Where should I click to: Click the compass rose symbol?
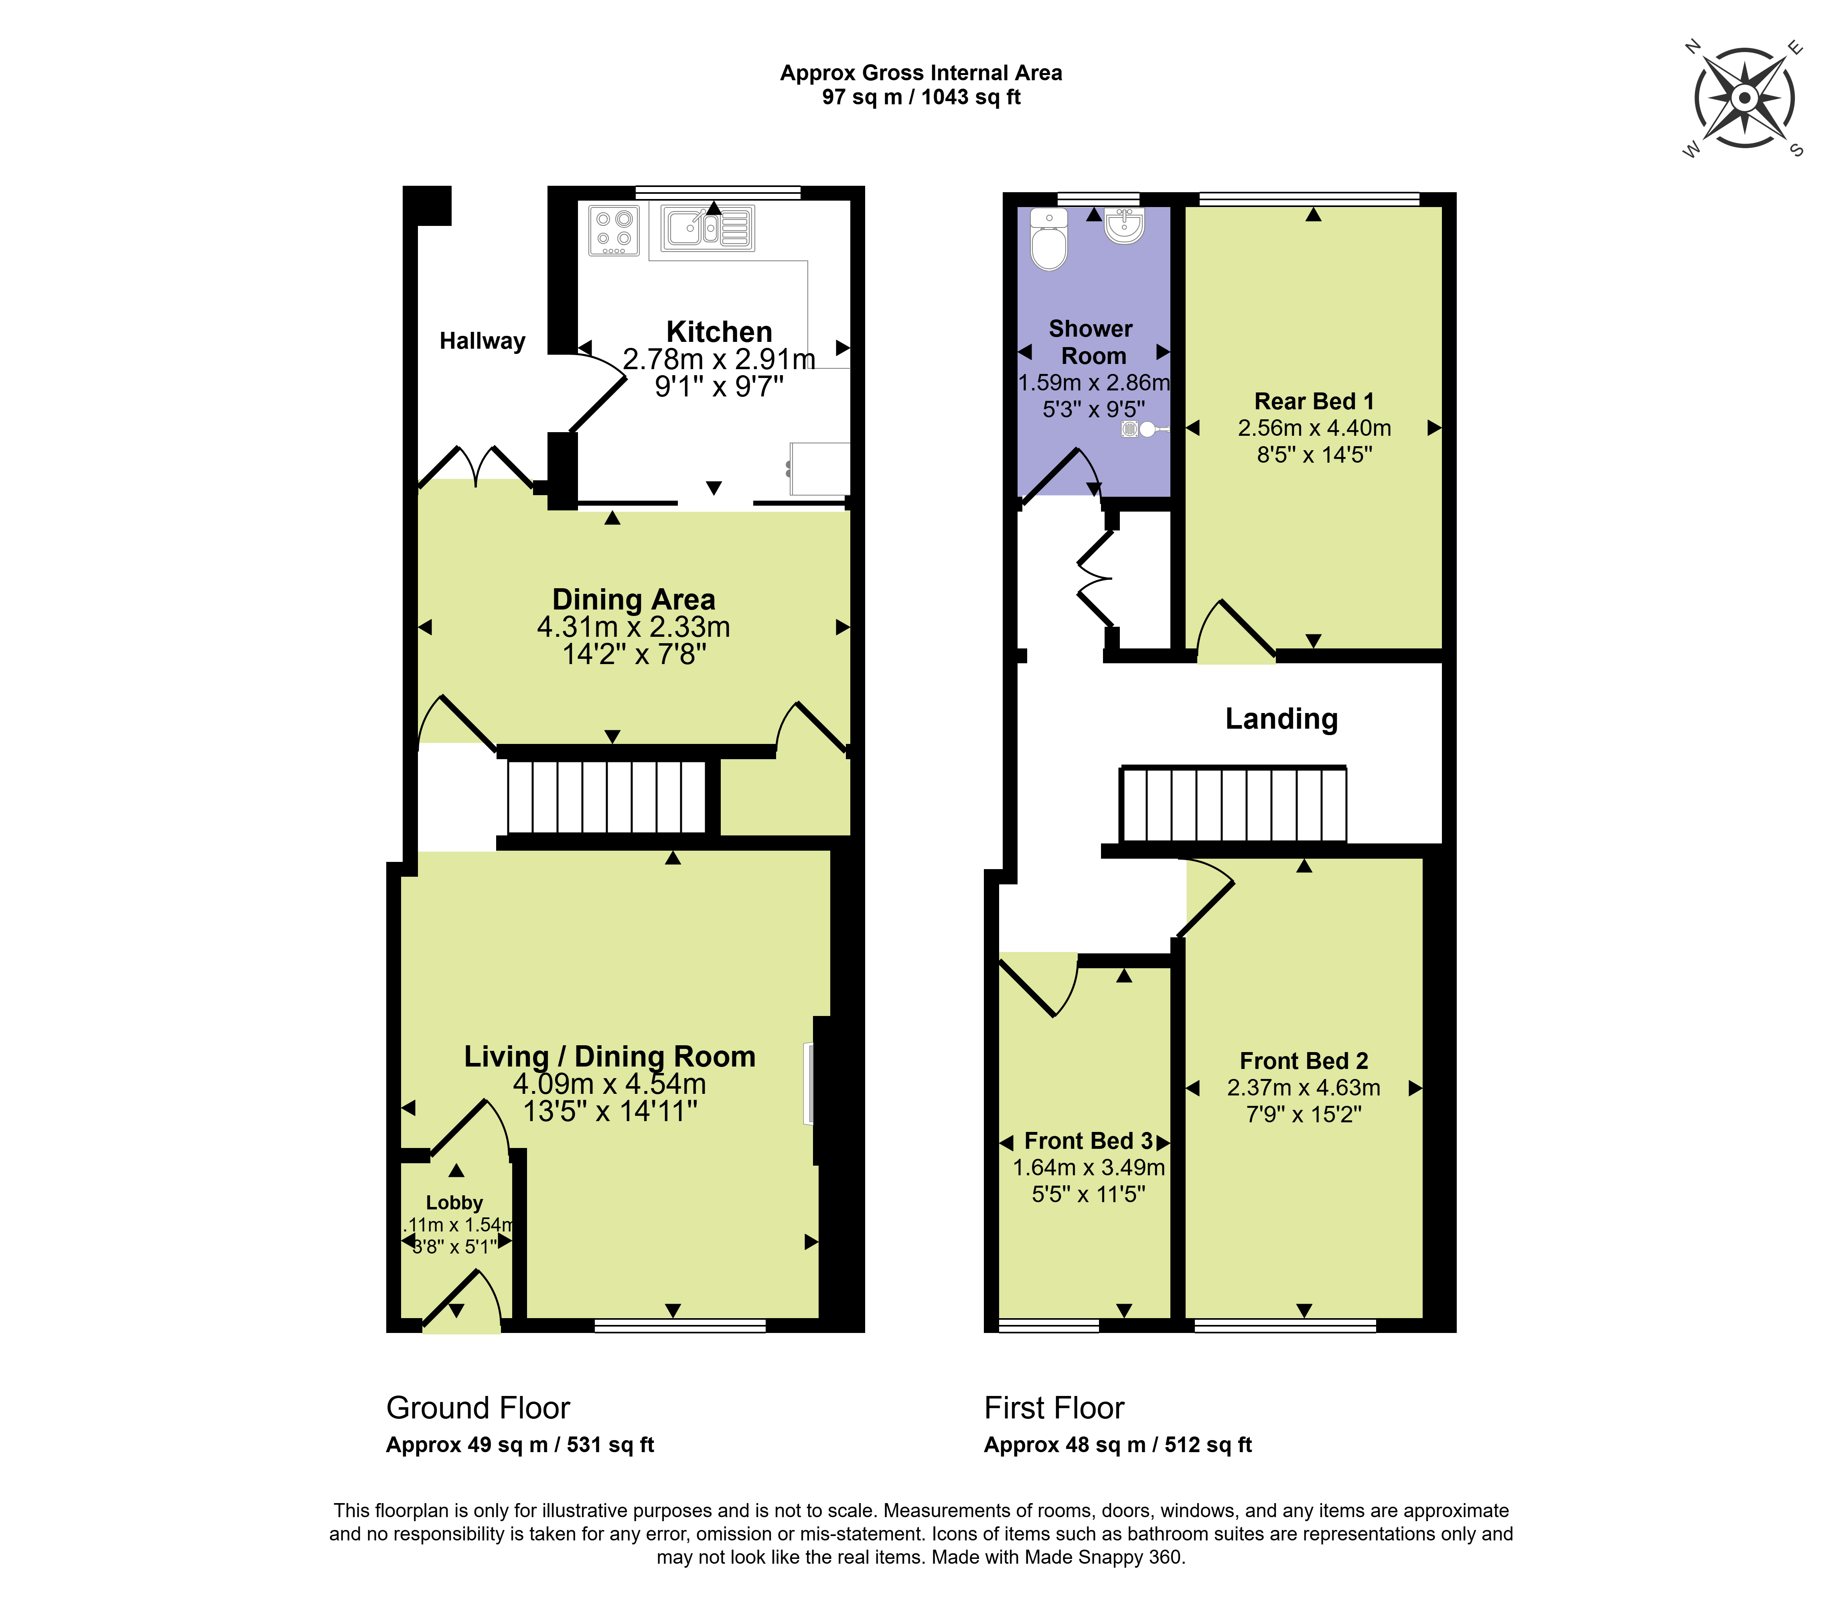click(1744, 98)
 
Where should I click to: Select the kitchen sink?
click(708, 228)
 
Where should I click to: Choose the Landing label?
click(1281, 719)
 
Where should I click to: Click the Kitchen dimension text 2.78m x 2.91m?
click(719, 359)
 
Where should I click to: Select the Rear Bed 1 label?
click(1314, 402)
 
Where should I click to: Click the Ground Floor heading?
click(478, 1408)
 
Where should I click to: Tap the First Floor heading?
click(1054, 1408)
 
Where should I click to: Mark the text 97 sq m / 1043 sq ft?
click(922, 97)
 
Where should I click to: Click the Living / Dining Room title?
click(610, 1057)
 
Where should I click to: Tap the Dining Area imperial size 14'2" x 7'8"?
click(634, 655)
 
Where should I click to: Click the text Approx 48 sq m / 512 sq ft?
click(1118, 1446)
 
